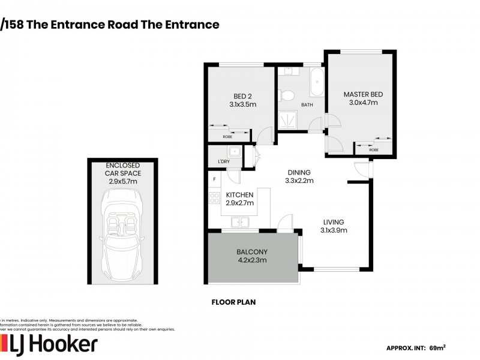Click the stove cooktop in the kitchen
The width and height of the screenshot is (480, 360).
214,197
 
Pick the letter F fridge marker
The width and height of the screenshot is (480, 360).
214,179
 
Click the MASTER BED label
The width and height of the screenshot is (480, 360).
362,94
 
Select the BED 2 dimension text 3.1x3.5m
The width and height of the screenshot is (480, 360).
242,104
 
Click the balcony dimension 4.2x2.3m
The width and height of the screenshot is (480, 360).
251,260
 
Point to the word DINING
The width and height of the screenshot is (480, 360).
299,171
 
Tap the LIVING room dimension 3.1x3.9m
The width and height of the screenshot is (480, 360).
334,229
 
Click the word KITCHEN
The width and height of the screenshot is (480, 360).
239,194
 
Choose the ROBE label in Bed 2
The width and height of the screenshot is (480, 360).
227,137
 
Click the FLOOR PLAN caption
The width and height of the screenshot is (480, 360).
233,302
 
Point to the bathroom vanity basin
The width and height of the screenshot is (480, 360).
288,71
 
